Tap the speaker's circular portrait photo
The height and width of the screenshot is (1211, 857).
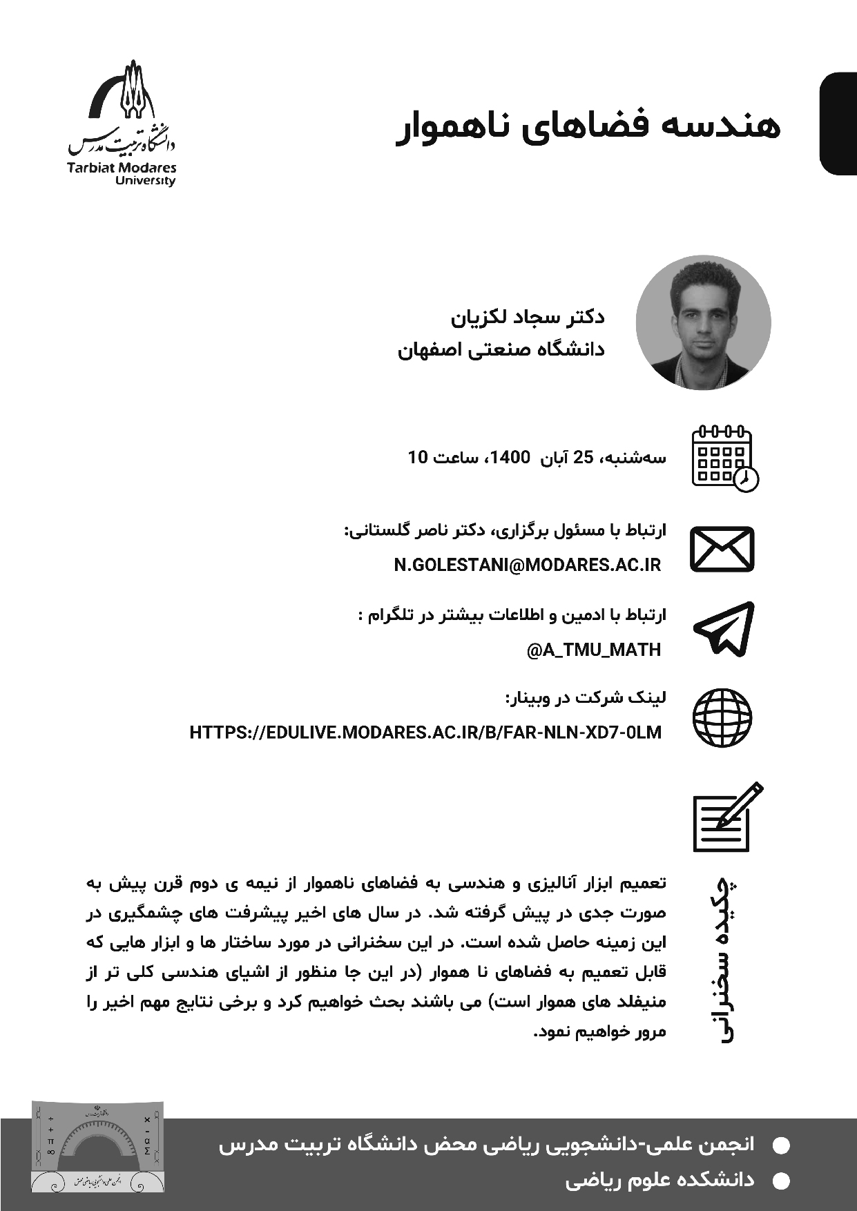pos(703,323)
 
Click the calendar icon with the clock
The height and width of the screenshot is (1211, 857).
pos(724,458)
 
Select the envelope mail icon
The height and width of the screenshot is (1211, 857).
pos(722,549)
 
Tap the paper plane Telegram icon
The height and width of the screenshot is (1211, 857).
pos(724,628)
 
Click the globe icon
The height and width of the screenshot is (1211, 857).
pos(722,717)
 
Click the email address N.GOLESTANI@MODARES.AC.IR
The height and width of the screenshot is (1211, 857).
pos(528,566)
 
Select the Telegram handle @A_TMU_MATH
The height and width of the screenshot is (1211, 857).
pos(594,650)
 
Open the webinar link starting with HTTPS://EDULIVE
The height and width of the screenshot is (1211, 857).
pos(425,733)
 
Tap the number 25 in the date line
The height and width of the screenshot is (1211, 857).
pos(584,457)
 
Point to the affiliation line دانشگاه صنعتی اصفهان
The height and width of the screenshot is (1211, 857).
pos(501,350)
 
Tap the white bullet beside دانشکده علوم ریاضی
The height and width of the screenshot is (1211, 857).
pos(780,1182)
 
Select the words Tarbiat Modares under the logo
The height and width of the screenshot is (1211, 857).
pos(122,168)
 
